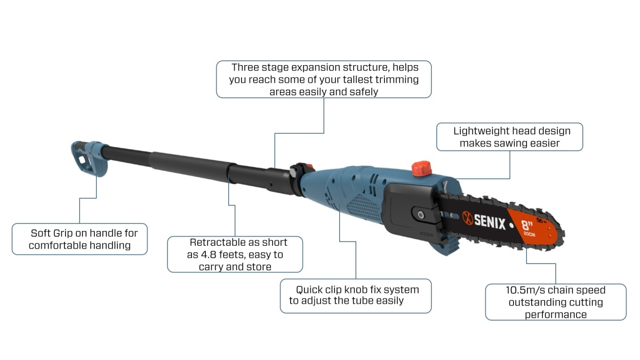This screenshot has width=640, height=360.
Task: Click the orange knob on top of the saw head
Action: coord(422,169)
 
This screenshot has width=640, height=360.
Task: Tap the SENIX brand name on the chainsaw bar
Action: coord(490,222)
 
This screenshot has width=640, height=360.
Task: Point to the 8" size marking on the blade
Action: coord(527,225)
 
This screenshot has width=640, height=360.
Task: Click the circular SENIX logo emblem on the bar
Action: coord(468,218)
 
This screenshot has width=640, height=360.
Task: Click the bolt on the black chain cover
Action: coord(421,215)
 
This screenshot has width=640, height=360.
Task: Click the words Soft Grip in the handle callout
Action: coord(51,233)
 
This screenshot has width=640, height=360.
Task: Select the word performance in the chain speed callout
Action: coord(556,315)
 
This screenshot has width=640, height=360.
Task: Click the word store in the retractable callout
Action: coord(259,267)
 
